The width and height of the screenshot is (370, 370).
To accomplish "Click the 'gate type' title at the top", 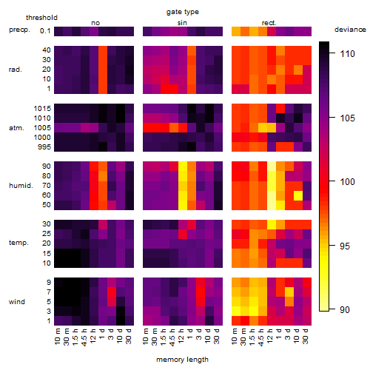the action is (183, 12).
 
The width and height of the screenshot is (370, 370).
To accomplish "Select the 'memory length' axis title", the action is (182, 360).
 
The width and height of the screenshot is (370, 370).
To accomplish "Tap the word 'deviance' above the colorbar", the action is (350, 30).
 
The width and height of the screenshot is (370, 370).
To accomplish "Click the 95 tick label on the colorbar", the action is (345, 246).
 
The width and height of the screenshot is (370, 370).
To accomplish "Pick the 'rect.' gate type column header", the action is (269, 23).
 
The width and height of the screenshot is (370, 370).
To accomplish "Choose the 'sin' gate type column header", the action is (182, 23).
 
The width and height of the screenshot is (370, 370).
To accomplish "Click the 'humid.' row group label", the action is (21, 186).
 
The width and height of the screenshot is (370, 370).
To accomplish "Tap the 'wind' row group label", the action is (17, 302).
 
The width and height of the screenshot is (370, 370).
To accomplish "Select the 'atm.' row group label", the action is (16, 128).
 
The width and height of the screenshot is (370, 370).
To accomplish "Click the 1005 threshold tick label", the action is (42, 128).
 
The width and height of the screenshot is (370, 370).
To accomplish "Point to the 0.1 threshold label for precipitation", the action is (45, 31).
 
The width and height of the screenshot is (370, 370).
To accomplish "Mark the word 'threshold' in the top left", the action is (41, 18).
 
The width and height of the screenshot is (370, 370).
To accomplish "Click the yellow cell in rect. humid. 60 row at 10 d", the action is (298, 195).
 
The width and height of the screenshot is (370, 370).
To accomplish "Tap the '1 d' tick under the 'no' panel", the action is (101, 334).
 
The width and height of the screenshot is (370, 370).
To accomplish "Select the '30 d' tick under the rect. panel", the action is (305, 336).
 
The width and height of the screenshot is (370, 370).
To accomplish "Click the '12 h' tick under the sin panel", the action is (181, 336).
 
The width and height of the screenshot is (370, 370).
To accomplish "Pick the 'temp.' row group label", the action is (18, 243).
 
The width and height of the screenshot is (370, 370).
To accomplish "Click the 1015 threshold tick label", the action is (42, 109).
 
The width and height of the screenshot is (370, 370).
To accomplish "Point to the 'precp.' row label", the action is (19, 30).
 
